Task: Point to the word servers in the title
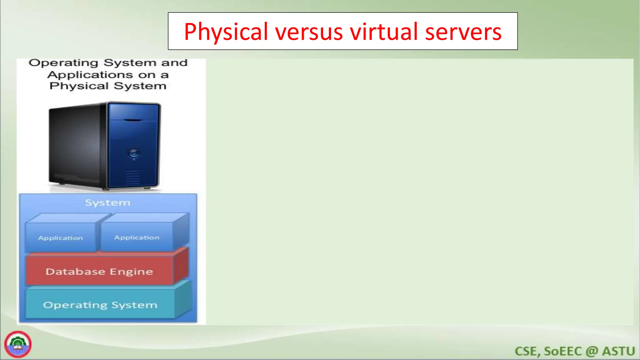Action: pyautogui.click(x=463, y=32)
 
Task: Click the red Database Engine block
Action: pyautogui.click(x=99, y=271)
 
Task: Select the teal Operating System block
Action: pyautogui.click(x=100, y=305)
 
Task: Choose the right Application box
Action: pyautogui.click(x=137, y=237)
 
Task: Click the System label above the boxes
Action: pyautogui.click(x=108, y=202)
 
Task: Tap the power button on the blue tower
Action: pyautogui.click(x=134, y=153)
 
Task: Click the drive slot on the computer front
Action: pyautogui.click(x=133, y=120)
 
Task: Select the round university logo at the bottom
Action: pyautogui.click(x=18, y=344)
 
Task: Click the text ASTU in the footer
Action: pyautogui.click(x=618, y=351)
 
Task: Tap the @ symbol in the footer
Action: pyautogui.click(x=592, y=351)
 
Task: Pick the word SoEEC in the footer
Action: pyautogui.click(x=563, y=351)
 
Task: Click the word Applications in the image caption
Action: pyautogui.click(x=90, y=75)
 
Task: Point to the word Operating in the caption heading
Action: pyautogui.click(x=63, y=62)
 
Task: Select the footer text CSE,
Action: pyautogui.click(x=527, y=351)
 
